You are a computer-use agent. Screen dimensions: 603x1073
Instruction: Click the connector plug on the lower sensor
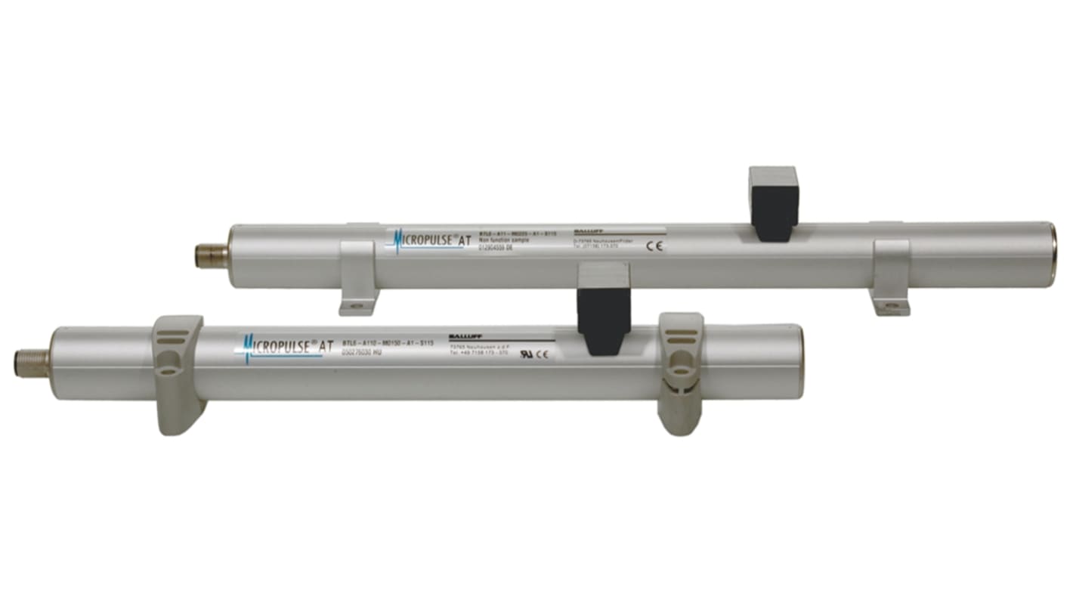[x=32, y=363]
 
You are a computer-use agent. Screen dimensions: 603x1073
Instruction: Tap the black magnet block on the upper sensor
[x=774, y=203]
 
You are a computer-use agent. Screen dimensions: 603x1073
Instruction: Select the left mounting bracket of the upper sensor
[x=359, y=276]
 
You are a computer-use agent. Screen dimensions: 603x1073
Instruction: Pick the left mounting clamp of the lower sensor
[x=179, y=374]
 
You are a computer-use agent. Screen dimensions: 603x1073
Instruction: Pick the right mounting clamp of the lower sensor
[x=679, y=374]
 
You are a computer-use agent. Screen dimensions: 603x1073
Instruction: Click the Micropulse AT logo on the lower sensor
[x=289, y=347]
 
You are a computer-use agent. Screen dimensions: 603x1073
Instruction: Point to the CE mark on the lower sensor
[x=543, y=354]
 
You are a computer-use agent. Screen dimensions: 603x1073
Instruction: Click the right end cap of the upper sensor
[x=1053, y=253]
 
